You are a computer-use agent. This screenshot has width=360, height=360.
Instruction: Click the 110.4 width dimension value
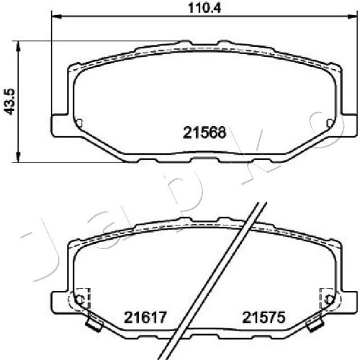(204, 8)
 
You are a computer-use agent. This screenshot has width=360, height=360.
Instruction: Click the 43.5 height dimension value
(10, 102)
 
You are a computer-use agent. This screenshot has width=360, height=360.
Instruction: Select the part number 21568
(204, 132)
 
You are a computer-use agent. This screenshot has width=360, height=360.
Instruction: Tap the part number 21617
(145, 318)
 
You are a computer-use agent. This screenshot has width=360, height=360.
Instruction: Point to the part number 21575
(264, 318)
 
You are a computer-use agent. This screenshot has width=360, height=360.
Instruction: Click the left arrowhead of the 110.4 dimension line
(57, 17)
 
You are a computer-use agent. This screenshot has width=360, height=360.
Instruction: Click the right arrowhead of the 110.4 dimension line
(351, 17)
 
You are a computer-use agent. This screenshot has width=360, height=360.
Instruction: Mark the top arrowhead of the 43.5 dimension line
(18, 47)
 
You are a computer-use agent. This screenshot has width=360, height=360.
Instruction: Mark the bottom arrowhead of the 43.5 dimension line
(18, 156)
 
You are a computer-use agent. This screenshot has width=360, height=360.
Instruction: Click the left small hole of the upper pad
(80, 123)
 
